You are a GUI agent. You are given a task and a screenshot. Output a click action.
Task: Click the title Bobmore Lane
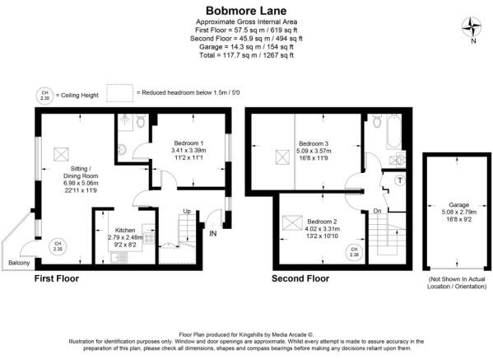click(246, 9)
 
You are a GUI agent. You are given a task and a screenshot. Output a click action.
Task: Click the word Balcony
click(20, 263)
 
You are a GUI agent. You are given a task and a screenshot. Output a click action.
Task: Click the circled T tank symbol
click(400, 180)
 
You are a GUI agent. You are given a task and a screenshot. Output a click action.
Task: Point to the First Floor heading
click(56, 279)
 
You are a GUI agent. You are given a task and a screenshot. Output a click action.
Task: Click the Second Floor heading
click(300, 279)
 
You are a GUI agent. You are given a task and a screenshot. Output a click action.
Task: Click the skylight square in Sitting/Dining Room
click(59, 153)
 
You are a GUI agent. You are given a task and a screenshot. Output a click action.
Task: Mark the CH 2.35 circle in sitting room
click(57, 244)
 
